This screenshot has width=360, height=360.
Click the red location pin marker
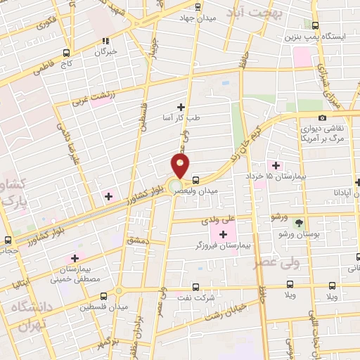click(181, 167)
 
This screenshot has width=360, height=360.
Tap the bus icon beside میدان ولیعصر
click(195, 179)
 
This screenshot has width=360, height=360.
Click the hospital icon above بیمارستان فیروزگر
click(224, 234)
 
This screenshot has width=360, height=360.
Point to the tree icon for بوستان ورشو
click(300, 223)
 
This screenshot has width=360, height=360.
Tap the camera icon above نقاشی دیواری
click(322, 117)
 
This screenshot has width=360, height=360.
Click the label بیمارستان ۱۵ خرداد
click(279, 176)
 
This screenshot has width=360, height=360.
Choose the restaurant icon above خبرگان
click(105, 41)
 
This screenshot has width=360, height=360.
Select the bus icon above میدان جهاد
click(197, 6)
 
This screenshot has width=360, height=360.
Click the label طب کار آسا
click(181, 118)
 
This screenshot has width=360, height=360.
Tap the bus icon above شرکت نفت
click(195, 286)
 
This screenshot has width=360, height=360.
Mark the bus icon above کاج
click(66, 53)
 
